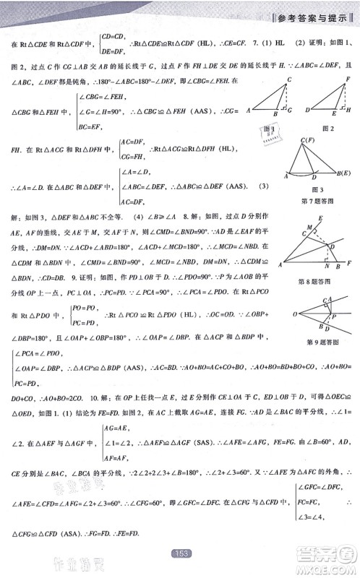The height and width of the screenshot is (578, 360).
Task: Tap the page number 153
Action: coord(181,553)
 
